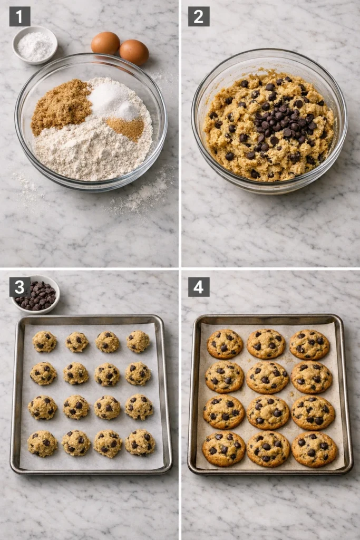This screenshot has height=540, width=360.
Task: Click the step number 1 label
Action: pos(20,16)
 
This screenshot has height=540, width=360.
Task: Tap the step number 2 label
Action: pos(199,16)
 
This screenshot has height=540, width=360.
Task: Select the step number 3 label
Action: pos(20,287)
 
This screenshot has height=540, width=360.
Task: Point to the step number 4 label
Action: pos(199,287)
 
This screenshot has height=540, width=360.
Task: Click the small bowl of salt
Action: pos(35,45)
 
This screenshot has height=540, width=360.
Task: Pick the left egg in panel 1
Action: pos(105,43)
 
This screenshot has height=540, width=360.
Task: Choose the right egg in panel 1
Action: pos(134,52)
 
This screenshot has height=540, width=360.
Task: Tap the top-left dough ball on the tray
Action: pos(45,342)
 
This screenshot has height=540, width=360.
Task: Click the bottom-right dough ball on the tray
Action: pos(140,442)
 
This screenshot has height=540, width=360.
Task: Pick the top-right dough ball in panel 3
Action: pos(138,342)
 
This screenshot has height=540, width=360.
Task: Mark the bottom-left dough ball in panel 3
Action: pos(43,443)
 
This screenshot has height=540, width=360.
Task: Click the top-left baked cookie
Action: pos(225,344)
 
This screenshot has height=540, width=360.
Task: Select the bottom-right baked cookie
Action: pos(315,449)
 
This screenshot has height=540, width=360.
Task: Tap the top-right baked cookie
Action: pos(309,344)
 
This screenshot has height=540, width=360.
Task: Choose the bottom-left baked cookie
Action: pos(223,449)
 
